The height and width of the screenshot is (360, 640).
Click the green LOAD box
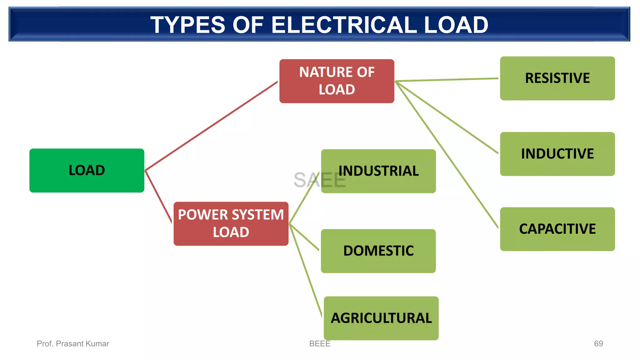click(x=87, y=170)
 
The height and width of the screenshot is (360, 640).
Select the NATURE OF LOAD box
click(x=337, y=81)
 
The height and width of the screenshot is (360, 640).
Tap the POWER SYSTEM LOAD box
click(x=231, y=223)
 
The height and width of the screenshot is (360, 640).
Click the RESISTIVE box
click(x=557, y=78)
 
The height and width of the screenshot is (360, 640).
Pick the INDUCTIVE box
click(x=557, y=154)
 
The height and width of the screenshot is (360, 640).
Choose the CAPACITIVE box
click(x=557, y=229)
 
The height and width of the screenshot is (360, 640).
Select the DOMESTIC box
click(x=378, y=251)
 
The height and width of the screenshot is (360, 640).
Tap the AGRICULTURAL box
click(x=381, y=318)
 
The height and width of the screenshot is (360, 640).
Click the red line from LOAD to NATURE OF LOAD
click(x=211, y=126)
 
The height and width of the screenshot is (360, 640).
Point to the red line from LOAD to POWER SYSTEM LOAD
click(x=158, y=197)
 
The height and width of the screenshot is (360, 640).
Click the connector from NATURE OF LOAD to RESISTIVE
click(x=447, y=80)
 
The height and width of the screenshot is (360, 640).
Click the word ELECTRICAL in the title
click(x=344, y=25)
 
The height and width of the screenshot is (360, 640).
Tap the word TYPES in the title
click(x=187, y=25)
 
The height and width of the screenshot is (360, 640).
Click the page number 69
click(x=598, y=343)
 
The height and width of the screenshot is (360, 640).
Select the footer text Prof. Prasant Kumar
click(x=73, y=343)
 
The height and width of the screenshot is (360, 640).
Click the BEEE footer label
click(x=319, y=343)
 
